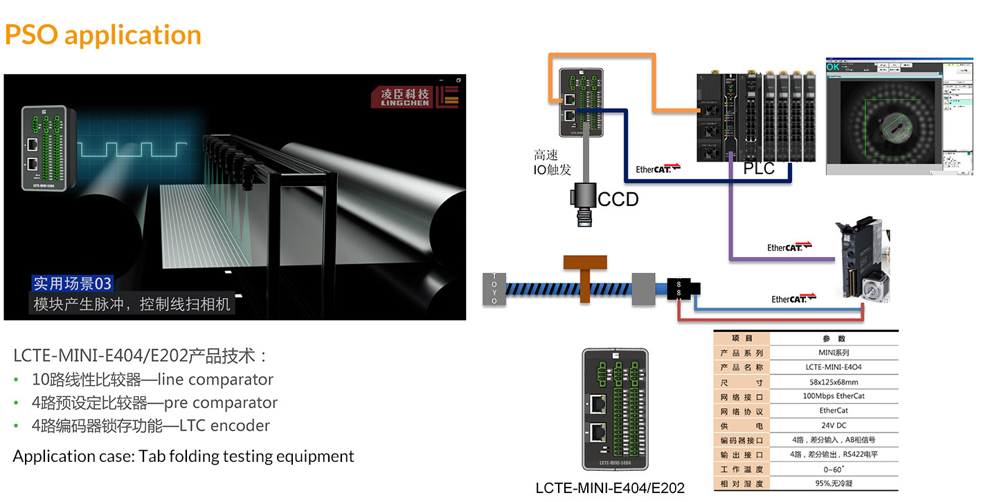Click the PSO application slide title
103,35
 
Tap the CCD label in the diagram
618,200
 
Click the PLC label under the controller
759,169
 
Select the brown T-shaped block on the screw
585,273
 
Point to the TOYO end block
494,288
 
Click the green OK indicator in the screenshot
833,66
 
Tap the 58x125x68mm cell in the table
833,382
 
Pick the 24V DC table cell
833,425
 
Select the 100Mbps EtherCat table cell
833,396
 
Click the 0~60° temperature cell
833,470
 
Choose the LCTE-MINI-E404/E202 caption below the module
610,488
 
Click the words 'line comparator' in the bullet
215,380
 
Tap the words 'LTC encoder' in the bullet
224,425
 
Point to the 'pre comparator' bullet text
220,402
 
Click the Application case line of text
183,456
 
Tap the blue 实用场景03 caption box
72,283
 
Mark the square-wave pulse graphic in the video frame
132,149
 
